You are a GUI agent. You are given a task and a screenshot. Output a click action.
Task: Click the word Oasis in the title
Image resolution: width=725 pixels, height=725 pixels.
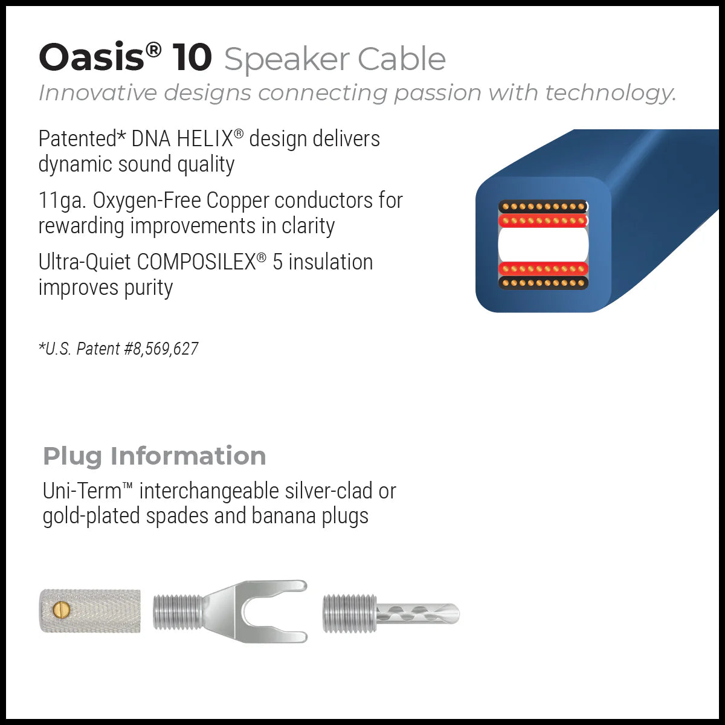(91, 58)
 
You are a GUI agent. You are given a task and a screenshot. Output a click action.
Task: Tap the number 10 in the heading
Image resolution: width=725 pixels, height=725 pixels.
(192, 58)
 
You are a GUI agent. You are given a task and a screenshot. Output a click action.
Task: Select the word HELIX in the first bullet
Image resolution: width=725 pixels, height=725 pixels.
(204, 139)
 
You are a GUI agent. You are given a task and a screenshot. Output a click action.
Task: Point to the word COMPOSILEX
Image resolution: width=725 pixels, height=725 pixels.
(196, 262)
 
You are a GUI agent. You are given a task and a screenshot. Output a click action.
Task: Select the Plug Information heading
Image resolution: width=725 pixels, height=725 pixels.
(154, 456)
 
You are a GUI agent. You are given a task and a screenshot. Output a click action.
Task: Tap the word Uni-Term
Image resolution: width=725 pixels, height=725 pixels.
(82, 491)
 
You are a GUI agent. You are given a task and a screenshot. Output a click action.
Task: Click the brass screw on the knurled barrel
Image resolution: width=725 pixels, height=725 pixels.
(61, 610)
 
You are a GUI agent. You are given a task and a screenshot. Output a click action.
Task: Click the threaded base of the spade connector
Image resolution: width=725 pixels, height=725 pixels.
(178, 612)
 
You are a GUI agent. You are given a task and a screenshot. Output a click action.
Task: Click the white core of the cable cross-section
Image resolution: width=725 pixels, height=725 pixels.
(543, 244)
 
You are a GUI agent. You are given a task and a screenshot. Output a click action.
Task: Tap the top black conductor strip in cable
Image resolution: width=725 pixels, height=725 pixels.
(543, 207)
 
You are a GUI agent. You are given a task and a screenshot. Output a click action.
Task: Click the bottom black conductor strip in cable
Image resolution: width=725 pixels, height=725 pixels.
(543, 283)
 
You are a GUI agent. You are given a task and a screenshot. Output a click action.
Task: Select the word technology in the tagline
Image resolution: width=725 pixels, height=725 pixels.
(609, 93)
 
